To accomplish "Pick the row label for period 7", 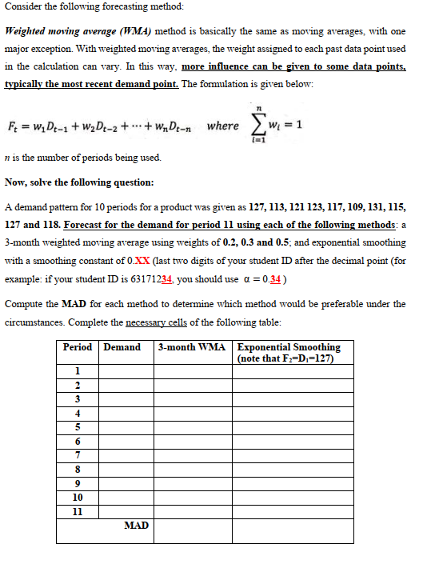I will coord(77,454).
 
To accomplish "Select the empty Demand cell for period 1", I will coord(123,371).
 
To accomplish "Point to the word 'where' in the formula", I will coord(221,126).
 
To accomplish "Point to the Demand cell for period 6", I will coord(123,441).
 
